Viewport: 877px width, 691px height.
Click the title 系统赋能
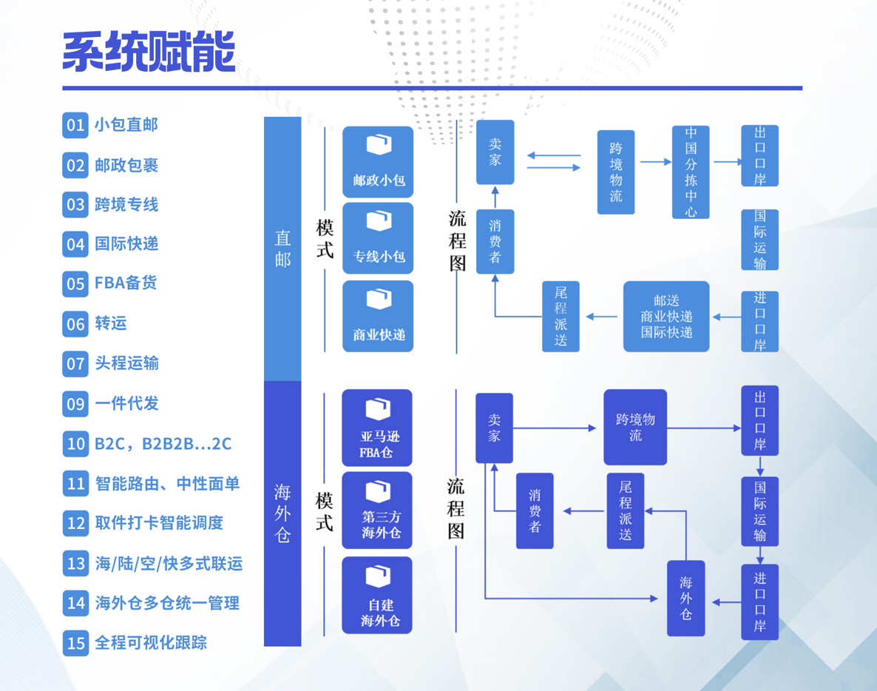(149, 52)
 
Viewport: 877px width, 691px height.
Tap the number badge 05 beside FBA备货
(75, 283)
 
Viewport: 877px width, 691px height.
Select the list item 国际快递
(126, 243)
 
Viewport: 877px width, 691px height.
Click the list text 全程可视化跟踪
(151, 642)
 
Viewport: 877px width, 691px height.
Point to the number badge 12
(75, 523)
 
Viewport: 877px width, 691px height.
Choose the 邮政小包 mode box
(378, 162)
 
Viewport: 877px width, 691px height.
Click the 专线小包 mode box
(378, 239)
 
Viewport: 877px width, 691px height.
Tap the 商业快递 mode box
(378, 316)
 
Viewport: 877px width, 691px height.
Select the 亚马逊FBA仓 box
(377, 428)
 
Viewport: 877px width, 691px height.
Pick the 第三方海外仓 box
(377, 510)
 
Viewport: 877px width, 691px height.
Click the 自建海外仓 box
(377, 595)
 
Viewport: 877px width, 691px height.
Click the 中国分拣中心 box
(691, 172)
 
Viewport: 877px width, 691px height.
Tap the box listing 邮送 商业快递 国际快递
(666, 317)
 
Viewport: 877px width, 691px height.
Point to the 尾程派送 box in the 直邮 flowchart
(561, 317)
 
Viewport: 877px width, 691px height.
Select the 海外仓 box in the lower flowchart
(686, 598)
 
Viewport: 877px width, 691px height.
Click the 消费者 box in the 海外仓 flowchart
(535, 510)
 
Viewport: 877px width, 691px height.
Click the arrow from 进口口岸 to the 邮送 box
(725, 317)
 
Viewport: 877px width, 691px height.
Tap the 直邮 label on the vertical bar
(282, 249)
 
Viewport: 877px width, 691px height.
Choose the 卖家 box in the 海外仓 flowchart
(494, 428)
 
